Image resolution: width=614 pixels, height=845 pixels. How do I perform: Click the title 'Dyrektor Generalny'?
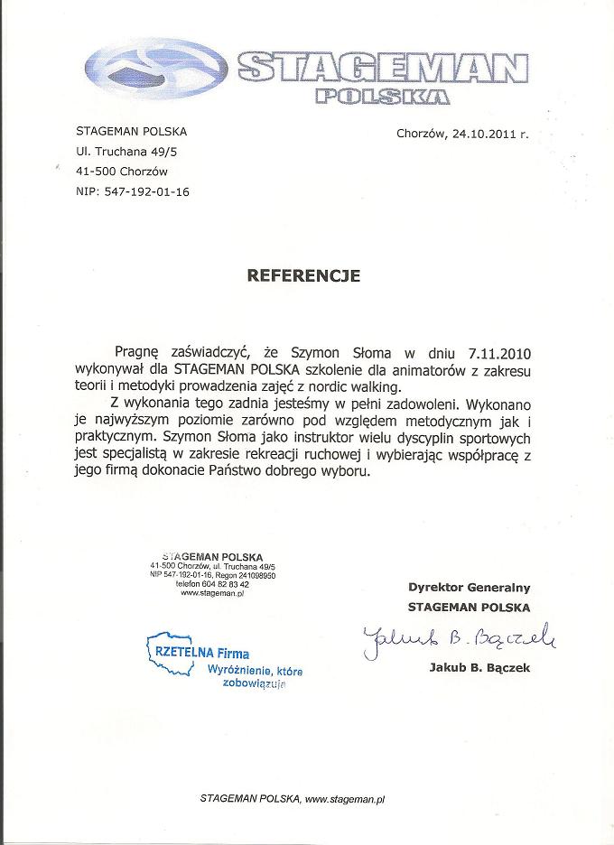click(469, 587)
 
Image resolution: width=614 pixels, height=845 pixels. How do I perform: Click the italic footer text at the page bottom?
click(293, 800)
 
